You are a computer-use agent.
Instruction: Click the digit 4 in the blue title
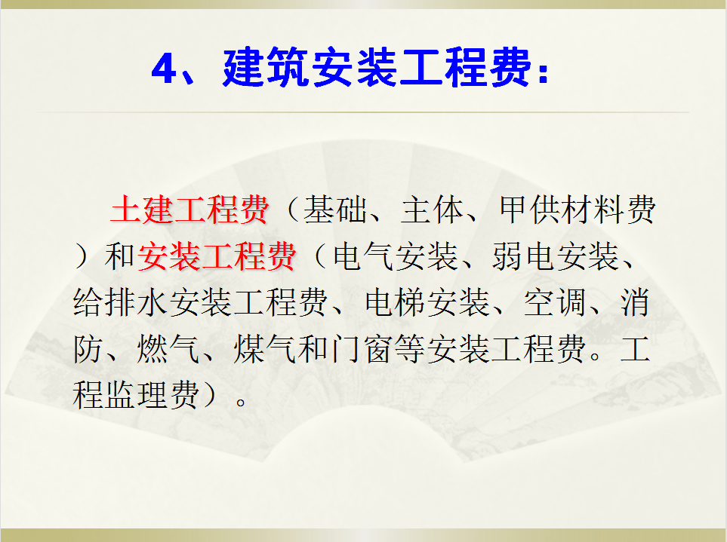point(164,70)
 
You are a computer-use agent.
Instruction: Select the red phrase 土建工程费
point(189,212)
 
